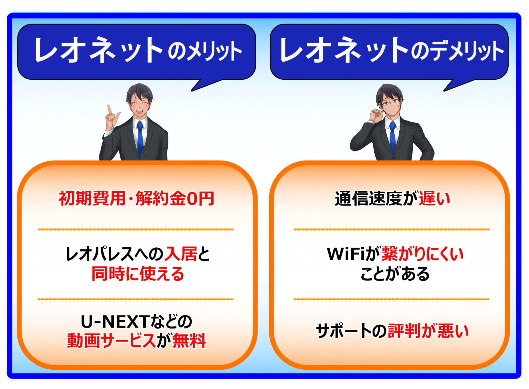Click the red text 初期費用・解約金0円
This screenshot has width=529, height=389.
coord(136,199)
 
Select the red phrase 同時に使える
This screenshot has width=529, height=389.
coord(138,274)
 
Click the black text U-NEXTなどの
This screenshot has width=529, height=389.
coord(136,322)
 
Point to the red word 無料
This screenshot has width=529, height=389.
coord(189,341)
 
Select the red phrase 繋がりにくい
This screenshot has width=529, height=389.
coord(422,254)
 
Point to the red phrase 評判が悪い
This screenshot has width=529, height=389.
coord(428,331)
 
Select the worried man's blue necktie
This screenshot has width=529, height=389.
coord(393,137)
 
